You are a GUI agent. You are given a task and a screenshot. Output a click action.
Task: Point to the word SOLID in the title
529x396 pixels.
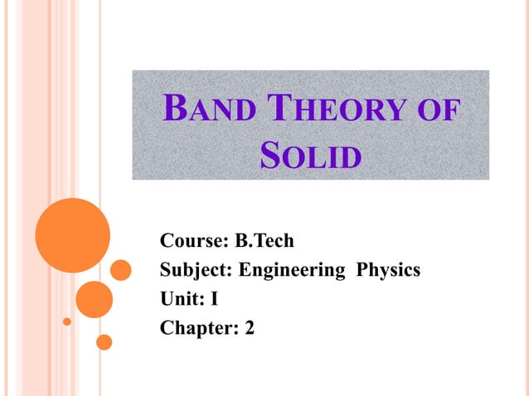pos(311,155)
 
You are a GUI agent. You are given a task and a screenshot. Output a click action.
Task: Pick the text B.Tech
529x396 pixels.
pos(264,241)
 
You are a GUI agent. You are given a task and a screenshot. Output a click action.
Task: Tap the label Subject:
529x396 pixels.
pos(197,270)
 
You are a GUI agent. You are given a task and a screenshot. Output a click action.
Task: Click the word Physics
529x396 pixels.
pos(388,271)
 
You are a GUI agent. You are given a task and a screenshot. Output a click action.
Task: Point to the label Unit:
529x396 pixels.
pos(182,299)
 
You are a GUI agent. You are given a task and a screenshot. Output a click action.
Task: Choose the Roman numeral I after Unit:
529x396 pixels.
pos(214,299)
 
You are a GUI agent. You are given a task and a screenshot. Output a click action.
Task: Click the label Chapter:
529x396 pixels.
pos(200,328)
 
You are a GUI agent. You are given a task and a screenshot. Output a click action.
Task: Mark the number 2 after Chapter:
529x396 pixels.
pos(250,328)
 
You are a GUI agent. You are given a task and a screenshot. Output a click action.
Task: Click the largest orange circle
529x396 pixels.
pos(73,234)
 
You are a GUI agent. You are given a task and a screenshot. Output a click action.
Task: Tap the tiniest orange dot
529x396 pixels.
pos(67,321)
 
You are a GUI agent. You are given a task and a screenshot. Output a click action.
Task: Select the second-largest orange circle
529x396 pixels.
pos(94,299)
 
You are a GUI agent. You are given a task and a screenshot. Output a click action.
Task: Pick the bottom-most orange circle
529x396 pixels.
pos(104,341)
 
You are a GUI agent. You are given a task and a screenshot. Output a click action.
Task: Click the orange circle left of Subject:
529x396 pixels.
pos(121,270)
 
